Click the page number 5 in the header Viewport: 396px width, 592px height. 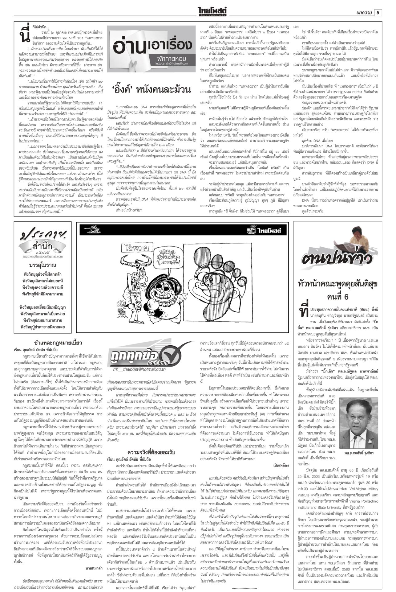coord(378,12)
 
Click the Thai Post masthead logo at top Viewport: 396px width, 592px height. coord(215,12)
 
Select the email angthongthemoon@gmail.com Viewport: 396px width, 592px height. coord(42,256)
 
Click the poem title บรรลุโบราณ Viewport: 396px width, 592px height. coord(42,265)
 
